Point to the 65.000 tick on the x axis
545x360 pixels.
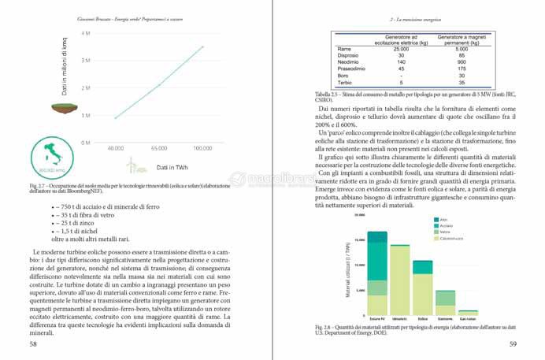[x=158, y=147]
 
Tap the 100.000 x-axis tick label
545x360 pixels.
[x=203, y=147]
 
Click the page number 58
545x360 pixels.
[x=32, y=343]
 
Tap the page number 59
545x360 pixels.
[x=512, y=343]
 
